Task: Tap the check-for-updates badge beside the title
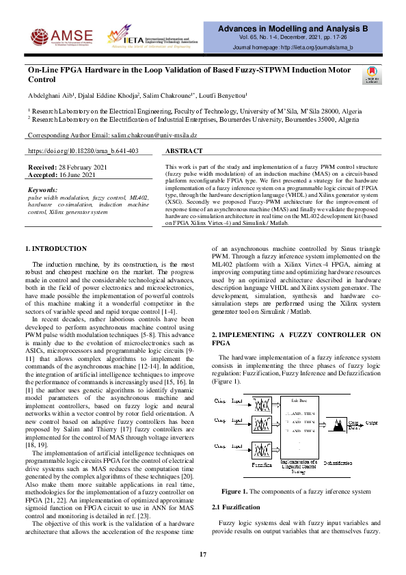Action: [372, 75]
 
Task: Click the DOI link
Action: [83, 150]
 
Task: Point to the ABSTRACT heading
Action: [185, 151]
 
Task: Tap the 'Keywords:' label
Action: [47, 189]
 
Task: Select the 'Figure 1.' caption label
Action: [236, 491]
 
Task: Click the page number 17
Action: [203, 554]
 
